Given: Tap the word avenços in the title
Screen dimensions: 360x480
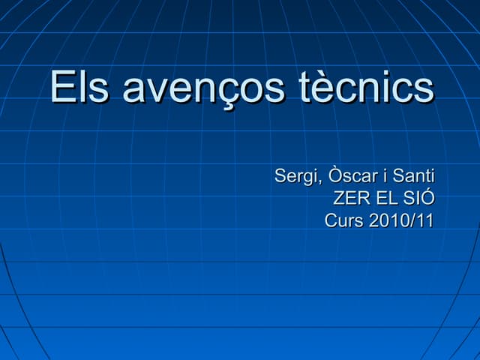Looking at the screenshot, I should click(x=203, y=88).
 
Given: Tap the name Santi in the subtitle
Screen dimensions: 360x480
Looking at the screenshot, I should click(x=412, y=177).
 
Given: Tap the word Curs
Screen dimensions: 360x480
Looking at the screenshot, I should click(x=343, y=221).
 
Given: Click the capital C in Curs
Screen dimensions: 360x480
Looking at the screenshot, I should click(x=331, y=221).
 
